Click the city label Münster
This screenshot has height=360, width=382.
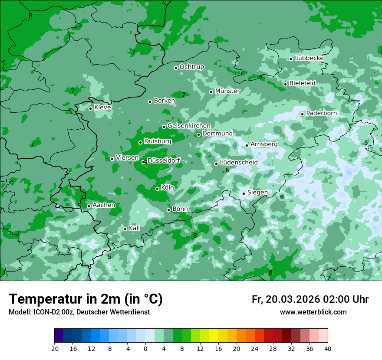click(x=227, y=91)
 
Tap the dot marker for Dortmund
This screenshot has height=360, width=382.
click(x=198, y=134)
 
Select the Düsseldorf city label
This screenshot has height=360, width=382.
click(x=164, y=161)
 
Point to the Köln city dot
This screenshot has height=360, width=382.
click(x=157, y=189)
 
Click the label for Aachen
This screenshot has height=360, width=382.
click(x=104, y=205)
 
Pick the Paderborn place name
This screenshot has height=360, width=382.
click(x=321, y=113)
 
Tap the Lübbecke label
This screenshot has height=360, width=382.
click(x=309, y=58)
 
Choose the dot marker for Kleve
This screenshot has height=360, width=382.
click(x=90, y=108)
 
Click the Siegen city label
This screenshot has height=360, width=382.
click(x=257, y=193)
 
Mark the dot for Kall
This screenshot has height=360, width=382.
click(x=125, y=229)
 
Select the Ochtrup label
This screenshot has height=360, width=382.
click(x=191, y=67)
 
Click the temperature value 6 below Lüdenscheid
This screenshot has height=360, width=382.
click(x=227, y=170)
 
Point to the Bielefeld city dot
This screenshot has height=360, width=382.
click(x=285, y=84)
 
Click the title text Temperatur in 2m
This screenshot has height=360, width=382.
click(x=86, y=299)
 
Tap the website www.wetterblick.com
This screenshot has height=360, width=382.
click(x=313, y=312)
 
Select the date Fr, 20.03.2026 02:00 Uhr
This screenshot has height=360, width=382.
click(x=310, y=299)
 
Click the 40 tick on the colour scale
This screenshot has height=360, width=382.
click(x=328, y=348)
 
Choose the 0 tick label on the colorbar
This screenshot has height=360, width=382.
click(x=145, y=348)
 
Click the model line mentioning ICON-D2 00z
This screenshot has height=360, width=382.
click(x=79, y=312)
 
